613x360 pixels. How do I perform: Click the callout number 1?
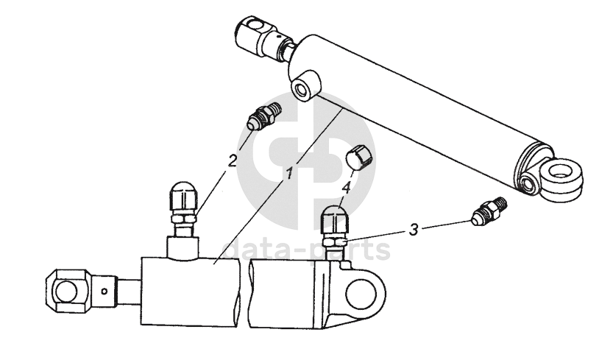(289, 172)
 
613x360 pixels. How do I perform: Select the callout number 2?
(233, 160)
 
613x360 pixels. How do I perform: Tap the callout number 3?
(414, 229)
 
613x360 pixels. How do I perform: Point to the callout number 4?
(346, 189)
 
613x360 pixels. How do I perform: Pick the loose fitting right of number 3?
(489, 211)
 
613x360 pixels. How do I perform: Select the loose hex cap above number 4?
(360, 158)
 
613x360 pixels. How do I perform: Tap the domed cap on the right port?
(335, 220)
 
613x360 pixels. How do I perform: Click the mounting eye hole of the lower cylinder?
(361, 292)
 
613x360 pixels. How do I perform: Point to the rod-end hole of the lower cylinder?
(65, 292)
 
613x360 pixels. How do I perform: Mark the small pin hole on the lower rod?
(104, 291)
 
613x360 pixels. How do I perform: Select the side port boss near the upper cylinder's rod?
(305, 85)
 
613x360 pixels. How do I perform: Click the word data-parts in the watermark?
(306, 250)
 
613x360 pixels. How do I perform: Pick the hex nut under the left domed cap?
(183, 219)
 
